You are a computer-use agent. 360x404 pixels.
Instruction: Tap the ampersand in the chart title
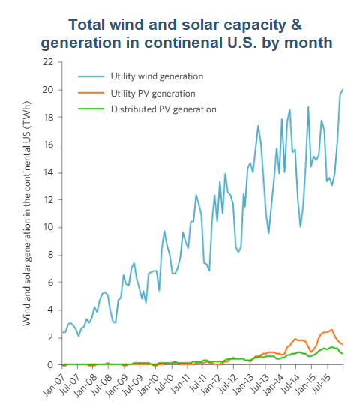pos(296,25)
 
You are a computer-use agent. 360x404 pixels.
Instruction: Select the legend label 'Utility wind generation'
pos(157,76)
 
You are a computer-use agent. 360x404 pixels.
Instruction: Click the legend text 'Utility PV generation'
pos(153,94)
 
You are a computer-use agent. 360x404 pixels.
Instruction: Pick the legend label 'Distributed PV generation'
pos(163,109)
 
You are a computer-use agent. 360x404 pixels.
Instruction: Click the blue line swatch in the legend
pos(91,76)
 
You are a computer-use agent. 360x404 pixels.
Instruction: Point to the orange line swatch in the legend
pos(91,93)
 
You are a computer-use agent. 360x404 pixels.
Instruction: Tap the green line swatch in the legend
pos(91,109)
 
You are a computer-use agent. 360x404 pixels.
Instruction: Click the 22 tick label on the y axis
pos(48,62)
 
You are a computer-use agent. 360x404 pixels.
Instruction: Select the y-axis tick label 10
pos(48,227)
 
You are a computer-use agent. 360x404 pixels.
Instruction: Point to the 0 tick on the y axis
pos(50,365)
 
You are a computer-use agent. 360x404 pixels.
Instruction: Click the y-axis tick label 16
pos(48,145)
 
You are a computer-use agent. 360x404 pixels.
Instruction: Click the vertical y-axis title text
pos(27,214)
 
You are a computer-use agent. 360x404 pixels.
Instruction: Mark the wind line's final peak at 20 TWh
pos(343,90)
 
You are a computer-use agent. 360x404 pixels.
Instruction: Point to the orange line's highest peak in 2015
pos(332,330)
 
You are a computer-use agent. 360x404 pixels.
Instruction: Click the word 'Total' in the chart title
pos(87,25)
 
